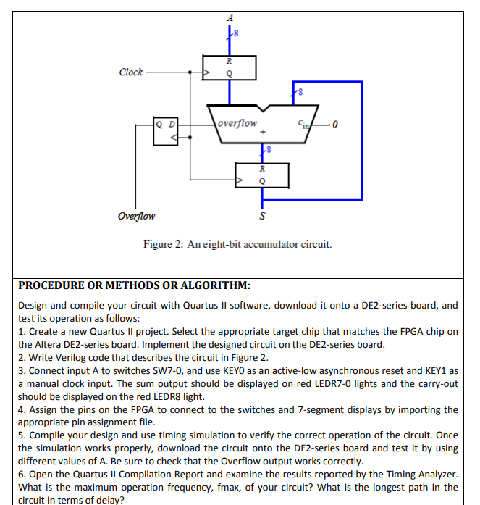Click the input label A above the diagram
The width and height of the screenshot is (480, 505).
click(230, 17)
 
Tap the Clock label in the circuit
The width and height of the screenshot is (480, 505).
click(131, 72)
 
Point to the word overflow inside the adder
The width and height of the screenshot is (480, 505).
click(238, 122)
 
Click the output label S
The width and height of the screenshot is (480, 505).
click(262, 216)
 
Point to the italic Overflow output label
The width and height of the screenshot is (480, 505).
click(137, 216)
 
